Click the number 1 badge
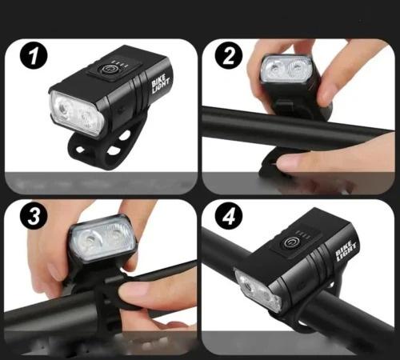point(34,57)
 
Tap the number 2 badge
point(229,55)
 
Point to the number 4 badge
point(229,215)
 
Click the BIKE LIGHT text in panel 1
point(161,83)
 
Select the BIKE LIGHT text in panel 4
point(346,251)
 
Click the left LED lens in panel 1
point(63,109)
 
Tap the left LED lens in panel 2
point(274,70)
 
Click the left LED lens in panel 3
point(90,240)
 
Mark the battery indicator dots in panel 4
point(303,234)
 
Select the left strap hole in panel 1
point(80,149)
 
